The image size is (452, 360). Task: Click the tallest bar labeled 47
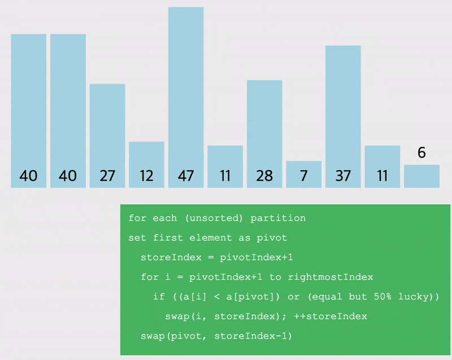[x=186, y=97]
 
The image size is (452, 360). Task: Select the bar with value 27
[x=107, y=136]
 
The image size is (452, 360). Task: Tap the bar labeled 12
[x=146, y=164]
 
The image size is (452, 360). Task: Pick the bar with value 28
[x=264, y=134]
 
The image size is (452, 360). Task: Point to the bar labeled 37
[x=343, y=117]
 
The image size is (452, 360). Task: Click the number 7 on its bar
[x=303, y=176]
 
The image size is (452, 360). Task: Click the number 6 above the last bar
[x=421, y=153]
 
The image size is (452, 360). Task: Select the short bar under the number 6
[x=421, y=176]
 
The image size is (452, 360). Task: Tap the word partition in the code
[x=278, y=218]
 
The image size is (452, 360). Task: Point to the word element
[x=210, y=238]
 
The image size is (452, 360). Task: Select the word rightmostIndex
[x=331, y=277]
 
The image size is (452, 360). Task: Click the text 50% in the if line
[x=383, y=297]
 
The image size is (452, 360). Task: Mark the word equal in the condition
[x=328, y=297]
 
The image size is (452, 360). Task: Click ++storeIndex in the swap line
[x=331, y=316]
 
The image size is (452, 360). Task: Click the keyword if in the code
[x=159, y=297]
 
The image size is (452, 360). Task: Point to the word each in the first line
[x=164, y=218]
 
